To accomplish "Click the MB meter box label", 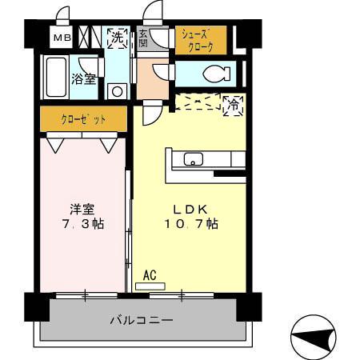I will (61, 38).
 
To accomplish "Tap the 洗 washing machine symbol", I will (118, 38).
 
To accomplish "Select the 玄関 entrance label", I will (143, 38).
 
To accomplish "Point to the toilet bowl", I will (214, 74).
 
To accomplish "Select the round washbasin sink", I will (118, 90).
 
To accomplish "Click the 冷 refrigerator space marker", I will (234, 104).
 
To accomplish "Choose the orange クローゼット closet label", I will (83, 119).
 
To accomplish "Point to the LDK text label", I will (189, 209).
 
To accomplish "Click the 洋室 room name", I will (82, 209).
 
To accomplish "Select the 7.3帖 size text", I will (82, 224).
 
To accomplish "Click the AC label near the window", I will (149, 275).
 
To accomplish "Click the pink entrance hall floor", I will (150, 78).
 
